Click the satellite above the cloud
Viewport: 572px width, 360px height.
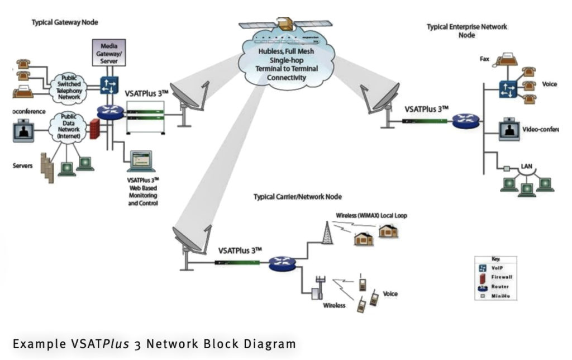click(285, 24)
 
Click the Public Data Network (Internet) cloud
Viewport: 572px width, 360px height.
click(66, 125)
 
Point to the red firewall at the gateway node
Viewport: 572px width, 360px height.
click(94, 129)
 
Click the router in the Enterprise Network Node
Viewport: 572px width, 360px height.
click(465, 120)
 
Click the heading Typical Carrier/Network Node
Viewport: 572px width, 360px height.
click(297, 197)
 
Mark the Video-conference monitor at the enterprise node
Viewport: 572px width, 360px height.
click(509, 129)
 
